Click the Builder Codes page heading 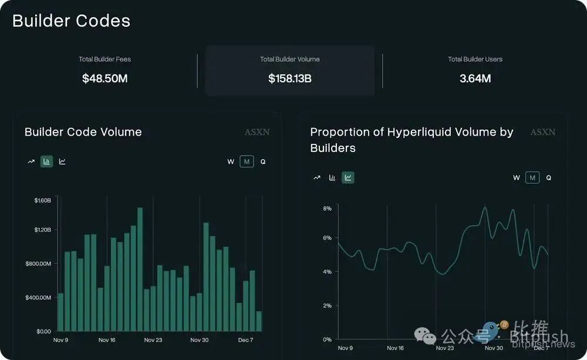pos(71,21)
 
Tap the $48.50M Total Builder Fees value pos(105,78)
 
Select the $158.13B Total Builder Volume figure pos(290,78)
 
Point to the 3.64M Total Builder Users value pos(475,78)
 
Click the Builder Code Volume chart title pos(83,132)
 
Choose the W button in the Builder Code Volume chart pos(231,162)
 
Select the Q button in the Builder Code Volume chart pos(263,162)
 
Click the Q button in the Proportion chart pos(549,177)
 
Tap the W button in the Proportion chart pos(517,177)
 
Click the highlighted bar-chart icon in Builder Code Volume pos(47,162)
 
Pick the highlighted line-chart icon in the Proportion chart pos(348,177)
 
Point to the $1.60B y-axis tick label pos(43,200)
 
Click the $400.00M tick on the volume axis pos(39,297)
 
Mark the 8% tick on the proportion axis pos(328,208)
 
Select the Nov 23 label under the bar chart pos(153,340)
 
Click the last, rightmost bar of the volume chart pos(259,321)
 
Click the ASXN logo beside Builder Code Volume pos(257,132)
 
